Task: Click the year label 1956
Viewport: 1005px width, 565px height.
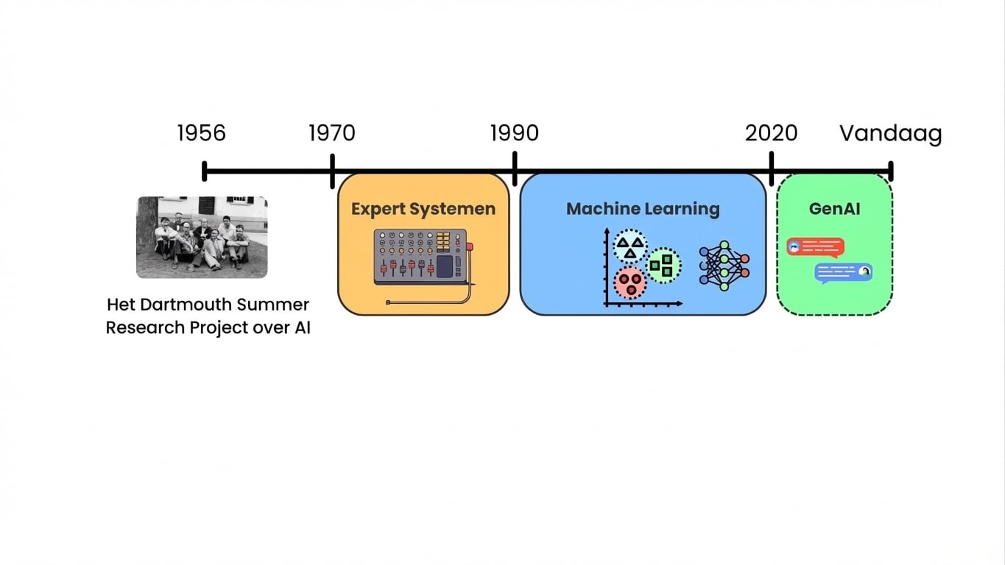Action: tap(201, 133)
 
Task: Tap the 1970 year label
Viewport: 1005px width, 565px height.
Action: tap(331, 133)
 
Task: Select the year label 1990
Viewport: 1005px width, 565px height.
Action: tap(514, 133)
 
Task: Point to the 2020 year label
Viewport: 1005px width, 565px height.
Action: tap(771, 133)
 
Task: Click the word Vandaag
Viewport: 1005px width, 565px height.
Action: tap(891, 134)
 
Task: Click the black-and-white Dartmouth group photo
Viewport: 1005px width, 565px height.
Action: tap(202, 237)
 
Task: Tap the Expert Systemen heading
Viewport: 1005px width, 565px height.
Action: tap(423, 209)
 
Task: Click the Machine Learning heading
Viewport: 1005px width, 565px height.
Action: tap(643, 209)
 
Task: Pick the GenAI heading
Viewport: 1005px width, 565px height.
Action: tap(834, 209)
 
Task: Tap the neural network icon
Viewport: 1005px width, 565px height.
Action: tap(724, 265)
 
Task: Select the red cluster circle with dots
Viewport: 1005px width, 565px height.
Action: tap(630, 282)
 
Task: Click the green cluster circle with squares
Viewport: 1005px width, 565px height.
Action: tap(663, 265)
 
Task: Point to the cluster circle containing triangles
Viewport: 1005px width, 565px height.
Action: tap(630, 246)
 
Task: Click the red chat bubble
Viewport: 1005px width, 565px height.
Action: tap(815, 246)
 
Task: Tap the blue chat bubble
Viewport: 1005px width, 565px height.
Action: tap(843, 273)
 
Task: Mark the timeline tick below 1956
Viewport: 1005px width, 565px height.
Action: tap(205, 171)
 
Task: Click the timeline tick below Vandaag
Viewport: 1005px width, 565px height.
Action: tap(891, 171)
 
